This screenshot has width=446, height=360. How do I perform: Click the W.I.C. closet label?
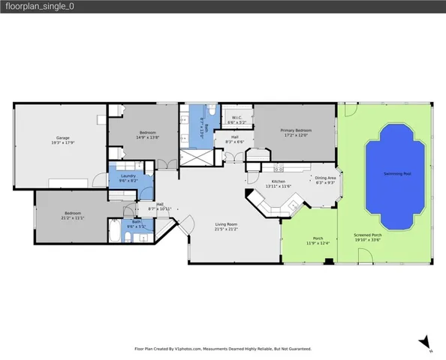coord(235,117)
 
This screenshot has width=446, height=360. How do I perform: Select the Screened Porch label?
coord(368,235)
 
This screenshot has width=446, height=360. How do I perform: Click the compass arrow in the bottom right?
coord(425,341)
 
